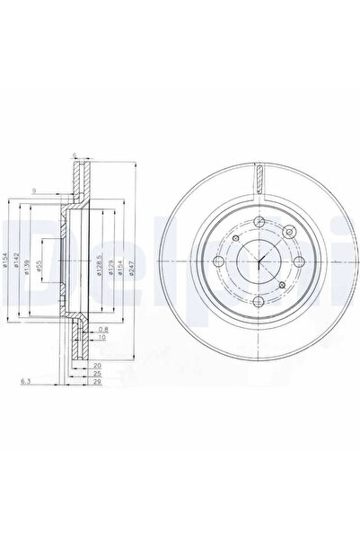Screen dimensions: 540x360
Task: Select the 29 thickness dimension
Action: (x=96, y=383)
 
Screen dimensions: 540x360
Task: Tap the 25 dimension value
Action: (x=96, y=372)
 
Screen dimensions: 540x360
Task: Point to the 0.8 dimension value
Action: (x=104, y=329)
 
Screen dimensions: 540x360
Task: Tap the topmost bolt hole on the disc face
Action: (x=258, y=224)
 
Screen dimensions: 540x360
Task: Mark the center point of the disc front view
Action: (x=258, y=263)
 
